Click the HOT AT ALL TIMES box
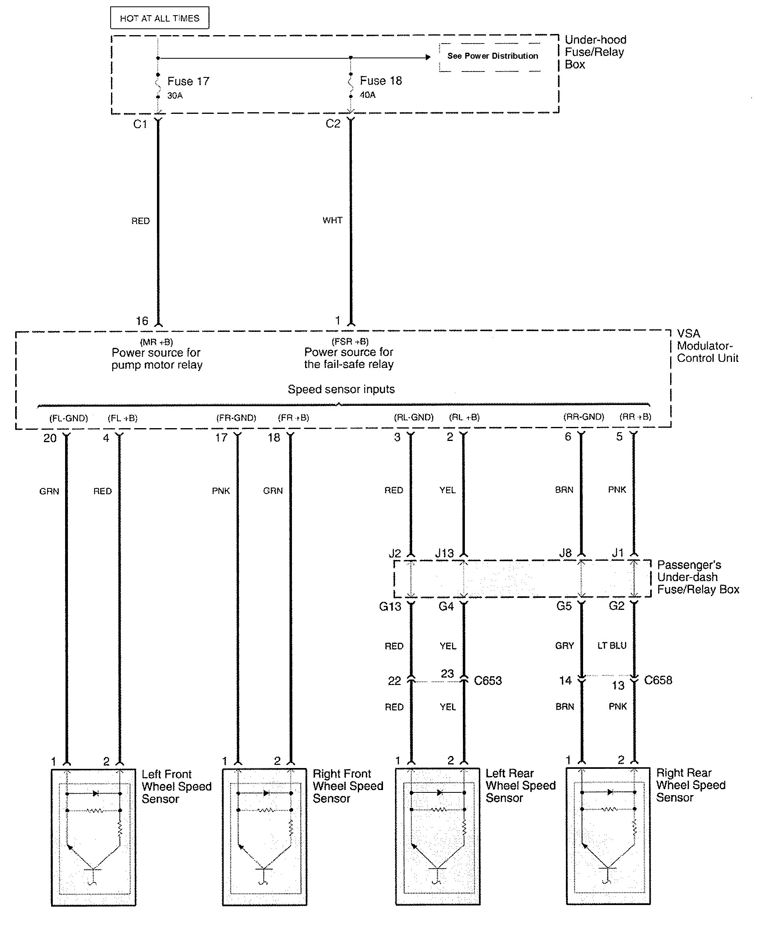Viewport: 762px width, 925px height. click(x=159, y=18)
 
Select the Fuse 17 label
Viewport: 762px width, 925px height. click(x=189, y=81)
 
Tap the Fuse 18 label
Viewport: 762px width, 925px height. click(x=381, y=81)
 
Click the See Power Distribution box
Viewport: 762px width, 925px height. click(x=492, y=56)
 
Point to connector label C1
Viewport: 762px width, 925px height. click(x=140, y=124)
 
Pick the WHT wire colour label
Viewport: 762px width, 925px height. click(x=332, y=220)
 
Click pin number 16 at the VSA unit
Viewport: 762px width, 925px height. click(x=142, y=321)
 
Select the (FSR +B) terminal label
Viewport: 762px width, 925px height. click(x=350, y=341)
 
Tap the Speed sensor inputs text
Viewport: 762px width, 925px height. click(x=341, y=389)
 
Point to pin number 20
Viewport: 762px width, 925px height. click(x=50, y=438)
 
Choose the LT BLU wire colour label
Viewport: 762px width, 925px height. click(x=612, y=645)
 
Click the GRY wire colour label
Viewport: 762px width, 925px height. click(x=564, y=645)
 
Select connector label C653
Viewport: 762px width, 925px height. click(x=488, y=681)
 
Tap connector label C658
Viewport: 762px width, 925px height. click(x=658, y=680)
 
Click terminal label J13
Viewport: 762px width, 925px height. click(x=444, y=553)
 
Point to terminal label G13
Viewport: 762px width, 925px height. click(x=390, y=606)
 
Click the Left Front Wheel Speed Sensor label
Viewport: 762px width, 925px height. click(x=177, y=786)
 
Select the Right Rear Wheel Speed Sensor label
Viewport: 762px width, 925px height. click(x=691, y=785)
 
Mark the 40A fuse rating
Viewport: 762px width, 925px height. click(x=367, y=95)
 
